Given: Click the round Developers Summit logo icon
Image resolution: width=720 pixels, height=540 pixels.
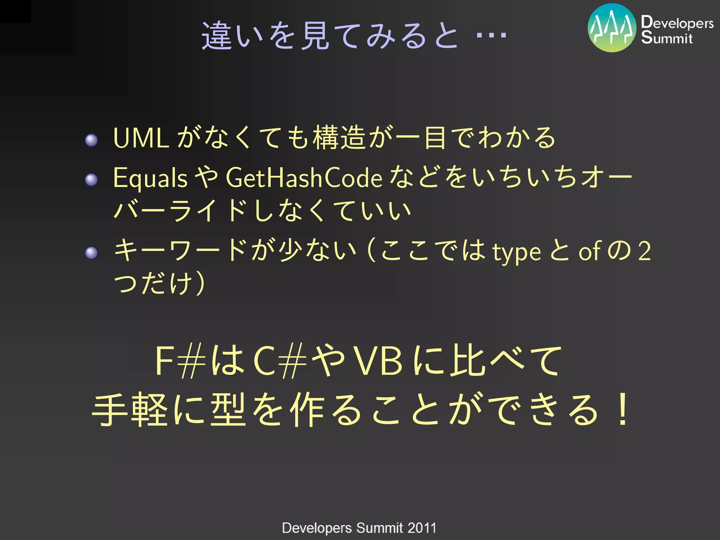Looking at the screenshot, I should tap(612, 28).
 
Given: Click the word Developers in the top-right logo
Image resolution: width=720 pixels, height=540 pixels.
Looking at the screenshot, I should tap(677, 23).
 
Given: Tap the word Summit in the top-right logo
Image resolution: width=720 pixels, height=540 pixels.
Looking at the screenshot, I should tap(667, 38).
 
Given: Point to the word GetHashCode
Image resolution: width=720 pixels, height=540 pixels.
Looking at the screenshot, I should tap(304, 178).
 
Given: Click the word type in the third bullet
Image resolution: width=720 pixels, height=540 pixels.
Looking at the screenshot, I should tap(516, 252).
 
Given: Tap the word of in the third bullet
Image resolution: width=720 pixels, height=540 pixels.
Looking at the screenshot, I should tap(590, 252).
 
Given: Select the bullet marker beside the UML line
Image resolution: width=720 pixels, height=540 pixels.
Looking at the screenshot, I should tap(91, 140).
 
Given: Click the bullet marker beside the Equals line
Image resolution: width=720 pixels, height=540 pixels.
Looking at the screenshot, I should tap(91, 180).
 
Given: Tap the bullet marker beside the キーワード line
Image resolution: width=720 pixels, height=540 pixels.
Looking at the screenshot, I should tap(91, 253).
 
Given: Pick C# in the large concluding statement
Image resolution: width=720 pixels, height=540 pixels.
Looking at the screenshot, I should tap(279, 361).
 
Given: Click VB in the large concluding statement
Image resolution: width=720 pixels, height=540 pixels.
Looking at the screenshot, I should tap(378, 361).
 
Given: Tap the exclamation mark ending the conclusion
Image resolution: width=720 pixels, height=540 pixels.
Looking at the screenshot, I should tap(623, 410).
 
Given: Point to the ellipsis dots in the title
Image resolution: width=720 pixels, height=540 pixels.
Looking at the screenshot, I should tap(491, 35).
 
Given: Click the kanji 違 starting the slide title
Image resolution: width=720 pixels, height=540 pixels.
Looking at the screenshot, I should tap(215, 36).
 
